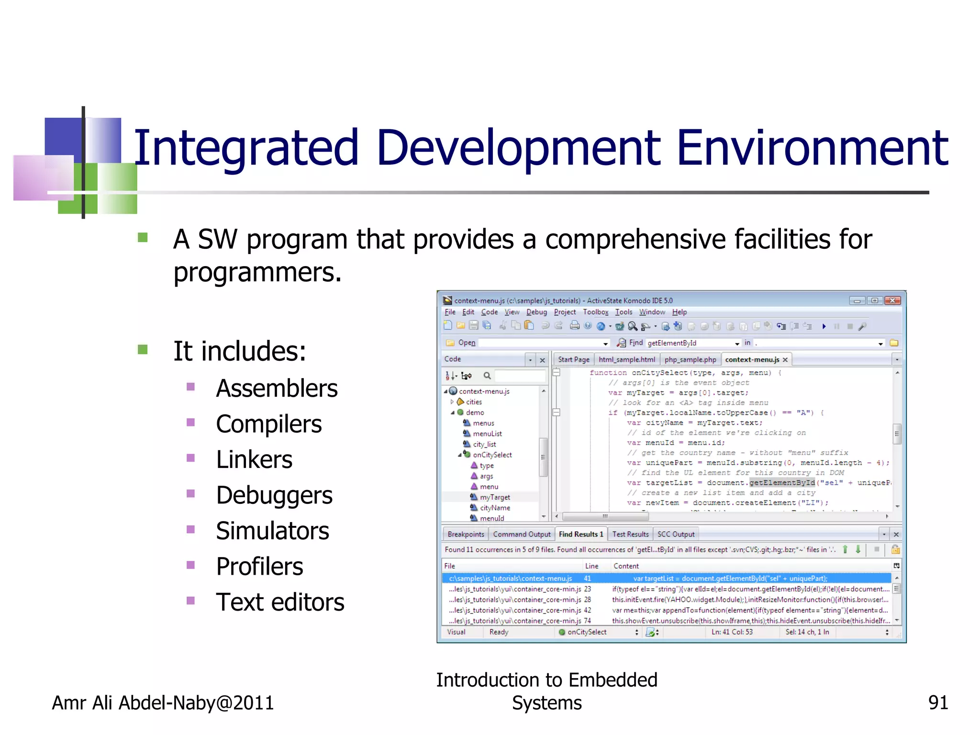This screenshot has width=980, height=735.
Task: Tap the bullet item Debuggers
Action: pyautogui.click(x=274, y=495)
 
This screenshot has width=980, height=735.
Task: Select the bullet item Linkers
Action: pyautogui.click(x=254, y=460)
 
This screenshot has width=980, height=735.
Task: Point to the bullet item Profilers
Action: pyautogui.click(x=259, y=567)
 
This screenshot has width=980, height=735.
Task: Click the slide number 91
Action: pyautogui.click(x=937, y=702)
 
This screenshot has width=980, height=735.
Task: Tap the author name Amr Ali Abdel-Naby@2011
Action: pyautogui.click(x=163, y=703)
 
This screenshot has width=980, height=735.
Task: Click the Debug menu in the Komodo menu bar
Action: pyautogui.click(x=536, y=312)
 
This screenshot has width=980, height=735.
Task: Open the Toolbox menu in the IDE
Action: pyautogui.click(x=595, y=312)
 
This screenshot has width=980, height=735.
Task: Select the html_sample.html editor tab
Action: pyautogui.click(x=627, y=359)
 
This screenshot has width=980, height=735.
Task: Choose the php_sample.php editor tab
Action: pyautogui.click(x=690, y=359)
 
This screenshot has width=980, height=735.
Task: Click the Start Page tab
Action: pyautogui.click(x=573, y=359)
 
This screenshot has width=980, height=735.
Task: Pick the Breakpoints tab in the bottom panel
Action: pyautogui.click(x=466, y=534)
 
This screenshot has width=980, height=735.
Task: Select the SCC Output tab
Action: pyautogui.click(x=676, y=534)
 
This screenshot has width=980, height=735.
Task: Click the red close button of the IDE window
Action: pyautogui.click(x=892, y=301)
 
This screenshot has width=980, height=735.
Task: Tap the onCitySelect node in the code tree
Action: pyautogui.click(x=492, y=455)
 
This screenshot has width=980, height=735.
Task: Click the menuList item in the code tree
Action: pyautogui.click(x=487, y=434)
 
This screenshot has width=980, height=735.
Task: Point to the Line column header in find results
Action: pyautogui.click(x=591, y=566)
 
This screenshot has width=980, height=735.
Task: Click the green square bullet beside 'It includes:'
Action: pyautogui.click(x=143, y=350)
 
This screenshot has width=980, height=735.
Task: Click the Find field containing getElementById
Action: pyautogui.click(x=689, y=343)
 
